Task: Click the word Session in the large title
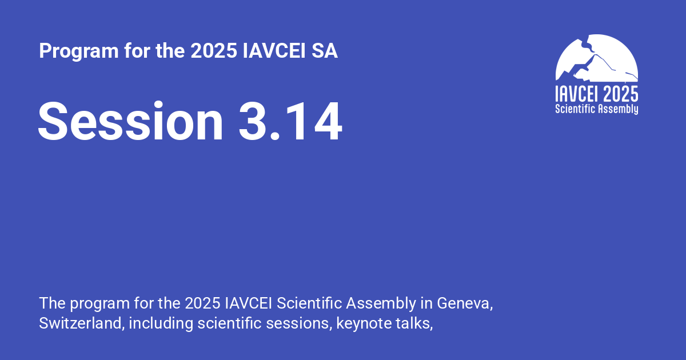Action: click(x=131, y=121)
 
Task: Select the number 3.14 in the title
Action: click(x=290, y=121)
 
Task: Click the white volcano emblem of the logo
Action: click(x=596, y=58)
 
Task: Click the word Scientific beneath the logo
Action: click(x=575, y=109)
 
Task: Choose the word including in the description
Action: click(x=161, y=323)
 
